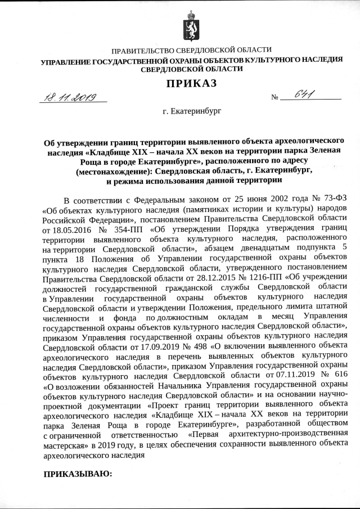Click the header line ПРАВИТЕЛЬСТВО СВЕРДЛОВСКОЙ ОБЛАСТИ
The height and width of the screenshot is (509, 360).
pos(191,51)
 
